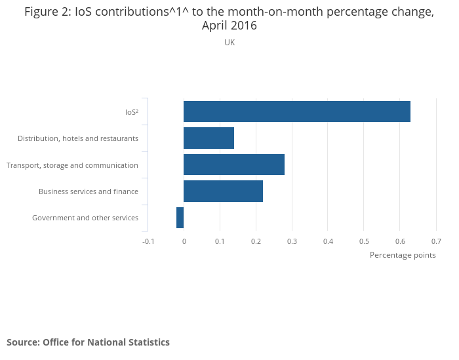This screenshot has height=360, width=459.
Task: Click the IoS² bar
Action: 297,111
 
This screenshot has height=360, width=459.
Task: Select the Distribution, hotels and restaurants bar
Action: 209,138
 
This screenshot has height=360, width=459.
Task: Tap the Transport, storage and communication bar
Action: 234,165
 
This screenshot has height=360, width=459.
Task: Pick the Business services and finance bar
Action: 223,191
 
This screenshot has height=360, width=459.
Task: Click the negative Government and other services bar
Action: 180,218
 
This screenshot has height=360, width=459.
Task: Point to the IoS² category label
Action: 131,112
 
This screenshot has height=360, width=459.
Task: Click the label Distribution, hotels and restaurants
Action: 78,138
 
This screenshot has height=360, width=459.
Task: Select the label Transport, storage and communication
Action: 72,165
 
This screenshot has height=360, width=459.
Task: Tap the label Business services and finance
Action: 89,191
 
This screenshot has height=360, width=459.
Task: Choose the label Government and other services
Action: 85,218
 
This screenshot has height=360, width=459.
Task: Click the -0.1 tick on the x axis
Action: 148,241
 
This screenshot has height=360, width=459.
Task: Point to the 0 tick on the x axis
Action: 184,241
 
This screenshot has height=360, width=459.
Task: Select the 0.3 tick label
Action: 292,241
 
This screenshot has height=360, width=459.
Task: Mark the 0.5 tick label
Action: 364,241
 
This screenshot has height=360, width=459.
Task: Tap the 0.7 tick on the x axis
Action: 436,241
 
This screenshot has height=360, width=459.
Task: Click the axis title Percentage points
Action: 403,255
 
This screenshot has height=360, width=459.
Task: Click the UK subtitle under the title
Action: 229,43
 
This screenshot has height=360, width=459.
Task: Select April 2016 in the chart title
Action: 229,26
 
